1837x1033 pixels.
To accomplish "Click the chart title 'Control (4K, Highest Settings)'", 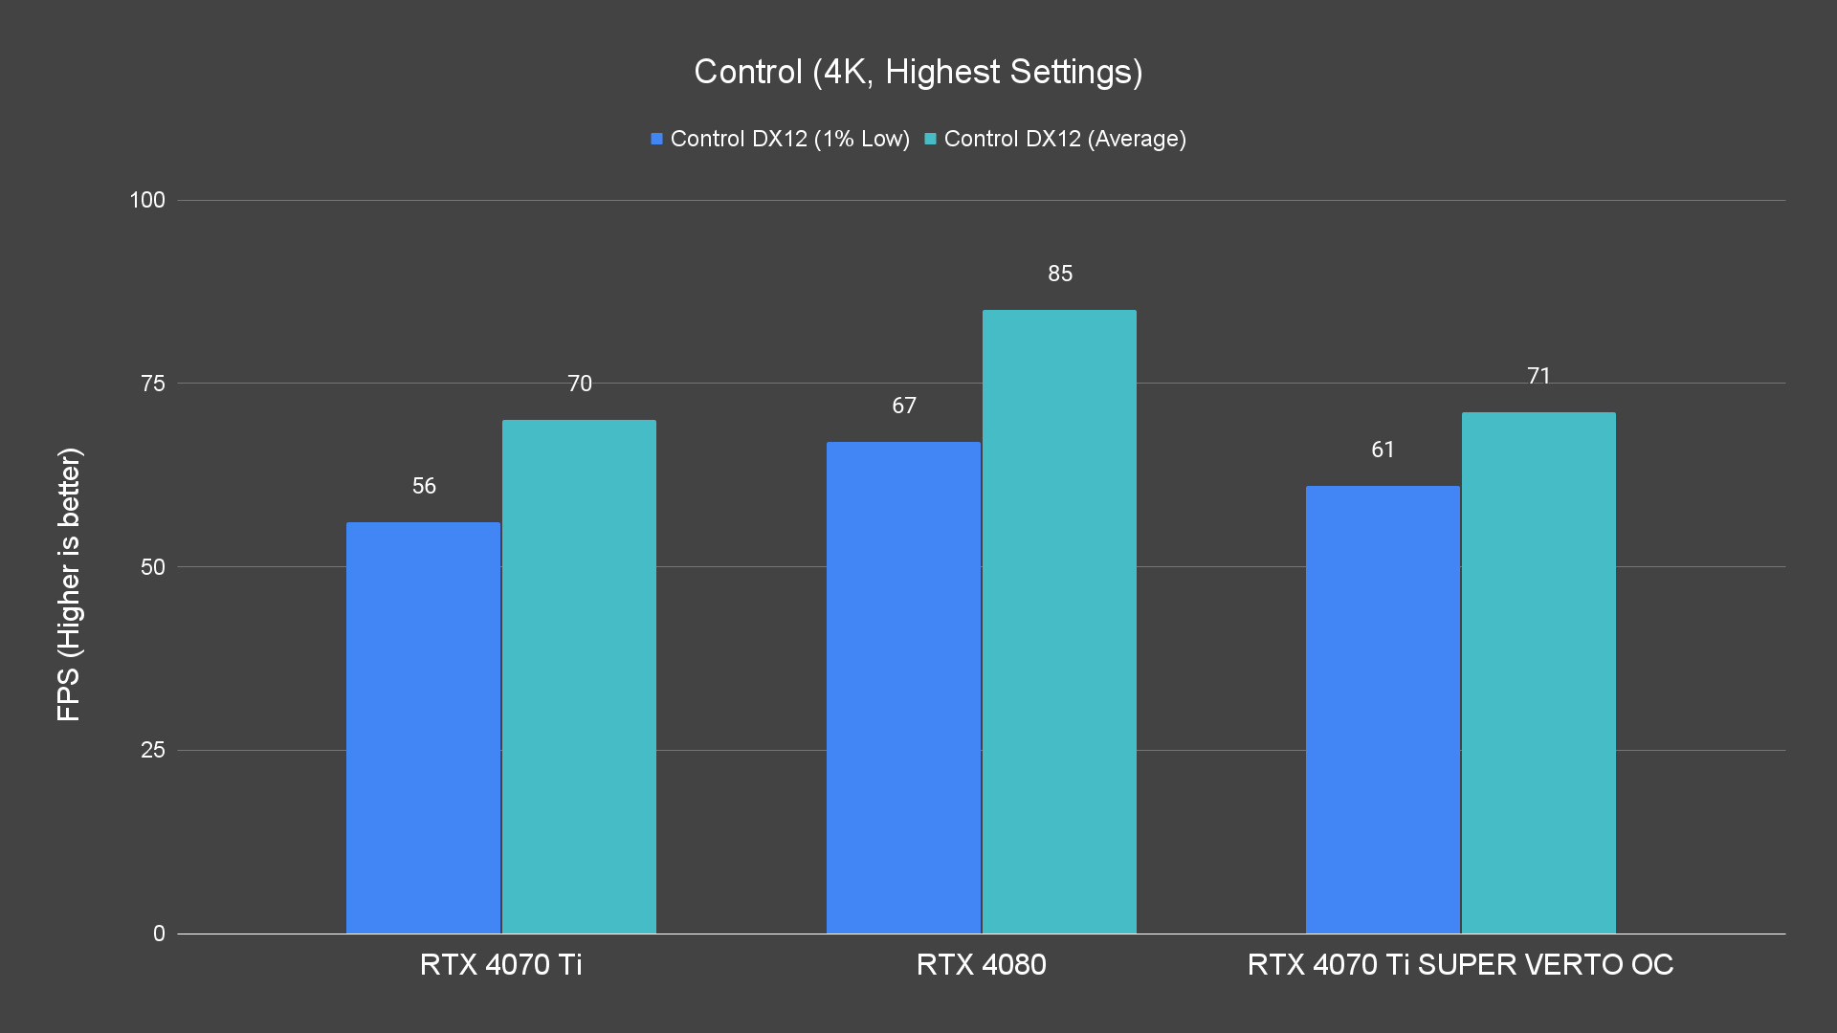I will click(x=918, y=72).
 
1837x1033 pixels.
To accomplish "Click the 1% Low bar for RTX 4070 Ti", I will click(x=423, y=727).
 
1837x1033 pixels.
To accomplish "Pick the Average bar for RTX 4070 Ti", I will click(x=579, y=676).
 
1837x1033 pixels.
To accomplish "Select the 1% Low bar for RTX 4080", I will click(x=903, y=687).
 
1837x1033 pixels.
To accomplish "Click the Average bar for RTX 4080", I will click(x=1059, y=622).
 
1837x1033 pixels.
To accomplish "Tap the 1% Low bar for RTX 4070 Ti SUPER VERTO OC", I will click(x=1383, y=709).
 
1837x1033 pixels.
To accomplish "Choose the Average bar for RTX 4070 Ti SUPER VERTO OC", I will click(x=1538, y=672).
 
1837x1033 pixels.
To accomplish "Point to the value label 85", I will click(x=1060, y=274).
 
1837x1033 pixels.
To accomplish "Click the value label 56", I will click(x=424, y=486).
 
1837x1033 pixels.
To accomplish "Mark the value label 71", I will click(x=1538, y=376).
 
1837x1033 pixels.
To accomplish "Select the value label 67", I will click(x=904, y=406).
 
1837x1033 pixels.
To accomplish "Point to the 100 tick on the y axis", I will click(x=147, y=200).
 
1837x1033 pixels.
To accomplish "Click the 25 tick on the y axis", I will click(x=153, y=750).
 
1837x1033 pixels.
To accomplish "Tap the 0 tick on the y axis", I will click(x=159, y=934).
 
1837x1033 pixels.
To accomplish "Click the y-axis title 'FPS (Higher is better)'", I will click(x=69, y=583).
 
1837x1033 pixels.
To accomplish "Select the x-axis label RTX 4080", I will click(x=981, y=964).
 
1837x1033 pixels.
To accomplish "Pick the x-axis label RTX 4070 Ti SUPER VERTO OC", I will click(x=1460, y=964).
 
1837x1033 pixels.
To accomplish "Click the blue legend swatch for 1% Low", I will click(x=656, y=139).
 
